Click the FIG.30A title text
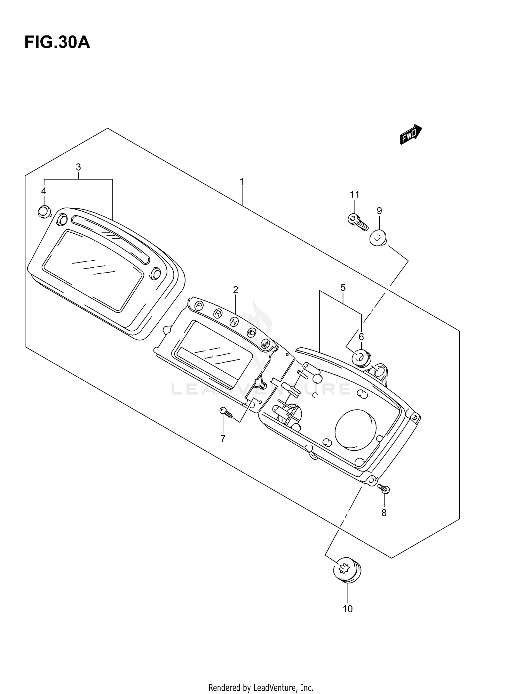[57, 43]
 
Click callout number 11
[354, 194]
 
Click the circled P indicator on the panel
[199, 306]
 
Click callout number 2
[236, 290]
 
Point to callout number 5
[343, 288]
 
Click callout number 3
[78, 167]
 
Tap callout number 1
[242, 181]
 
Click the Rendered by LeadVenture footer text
[261, 678]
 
